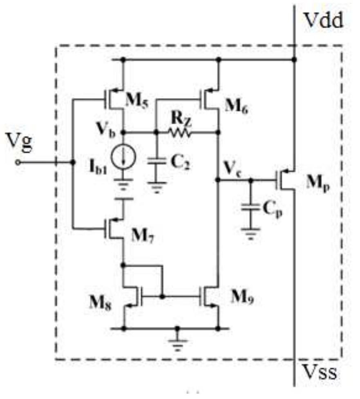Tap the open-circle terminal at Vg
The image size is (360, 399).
pos(18,162)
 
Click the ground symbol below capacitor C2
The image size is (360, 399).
pos(157,189)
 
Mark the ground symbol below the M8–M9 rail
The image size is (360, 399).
pos(177,344)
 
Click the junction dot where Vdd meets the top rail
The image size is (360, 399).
pos(295,60)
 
